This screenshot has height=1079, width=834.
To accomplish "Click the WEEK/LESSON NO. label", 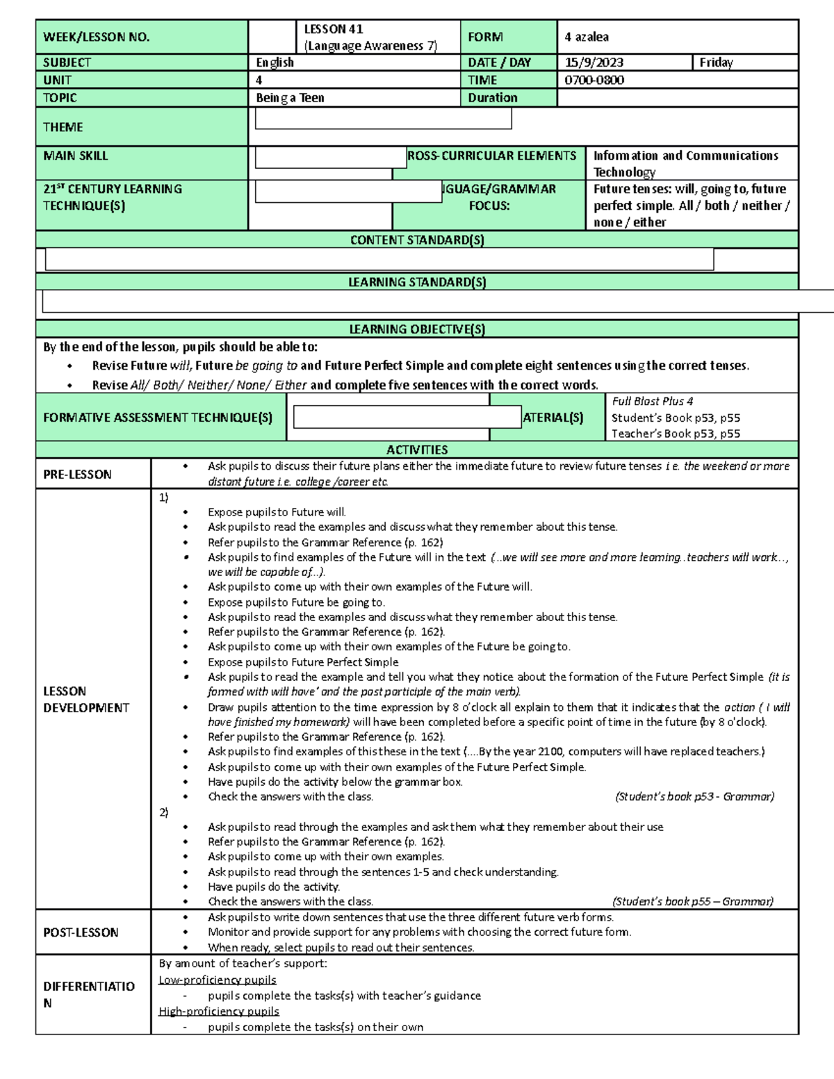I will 97,38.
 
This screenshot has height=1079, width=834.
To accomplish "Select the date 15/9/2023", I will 594,63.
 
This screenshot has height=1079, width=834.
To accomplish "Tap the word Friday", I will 716,63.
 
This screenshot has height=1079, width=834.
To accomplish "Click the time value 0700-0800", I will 594,80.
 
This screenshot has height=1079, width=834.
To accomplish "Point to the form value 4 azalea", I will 587,37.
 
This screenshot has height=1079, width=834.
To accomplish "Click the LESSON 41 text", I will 334,29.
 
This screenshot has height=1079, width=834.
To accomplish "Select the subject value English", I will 275,63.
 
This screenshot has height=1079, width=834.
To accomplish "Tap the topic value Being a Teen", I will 291,98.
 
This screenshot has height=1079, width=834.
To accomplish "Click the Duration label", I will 493,98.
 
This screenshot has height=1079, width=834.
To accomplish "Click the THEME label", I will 63,127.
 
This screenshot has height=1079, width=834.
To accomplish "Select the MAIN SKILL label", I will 76,156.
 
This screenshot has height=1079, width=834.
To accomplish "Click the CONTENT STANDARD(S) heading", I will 417,240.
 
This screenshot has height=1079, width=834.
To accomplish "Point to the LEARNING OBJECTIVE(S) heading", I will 417,329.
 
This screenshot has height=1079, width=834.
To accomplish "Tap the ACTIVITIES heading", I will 417,450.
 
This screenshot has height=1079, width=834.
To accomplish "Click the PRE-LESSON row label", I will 77,475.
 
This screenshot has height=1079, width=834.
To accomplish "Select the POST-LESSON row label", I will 81,932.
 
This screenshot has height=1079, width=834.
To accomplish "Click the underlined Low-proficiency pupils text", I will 218,980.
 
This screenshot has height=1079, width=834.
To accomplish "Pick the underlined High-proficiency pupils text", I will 219,1011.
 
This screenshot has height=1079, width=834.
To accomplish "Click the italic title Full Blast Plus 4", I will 652,402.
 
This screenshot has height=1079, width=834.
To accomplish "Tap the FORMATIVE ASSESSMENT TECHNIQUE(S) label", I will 158,418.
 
